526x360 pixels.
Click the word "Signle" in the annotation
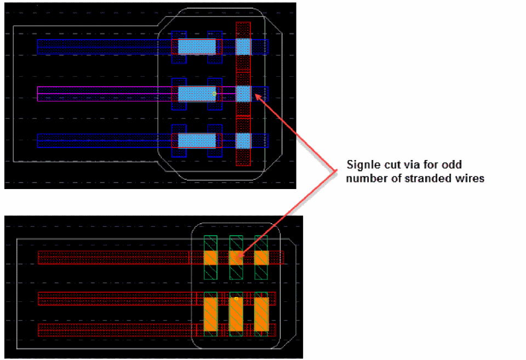363,165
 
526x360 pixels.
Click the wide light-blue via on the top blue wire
197,47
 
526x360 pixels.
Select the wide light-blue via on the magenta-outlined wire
197,94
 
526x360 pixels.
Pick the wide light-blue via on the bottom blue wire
197,141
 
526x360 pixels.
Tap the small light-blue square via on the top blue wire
243,47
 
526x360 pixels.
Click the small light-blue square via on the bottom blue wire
243,141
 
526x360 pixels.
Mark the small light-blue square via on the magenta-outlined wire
243,94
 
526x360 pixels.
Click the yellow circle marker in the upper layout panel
214,94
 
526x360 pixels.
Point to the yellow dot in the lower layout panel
236,299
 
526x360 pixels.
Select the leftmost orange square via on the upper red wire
210,258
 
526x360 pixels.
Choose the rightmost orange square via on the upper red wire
261,258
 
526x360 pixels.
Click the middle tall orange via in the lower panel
236,315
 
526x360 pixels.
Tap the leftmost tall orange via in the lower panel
210,315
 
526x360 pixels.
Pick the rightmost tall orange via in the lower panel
261,315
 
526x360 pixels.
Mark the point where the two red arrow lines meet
336,171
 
